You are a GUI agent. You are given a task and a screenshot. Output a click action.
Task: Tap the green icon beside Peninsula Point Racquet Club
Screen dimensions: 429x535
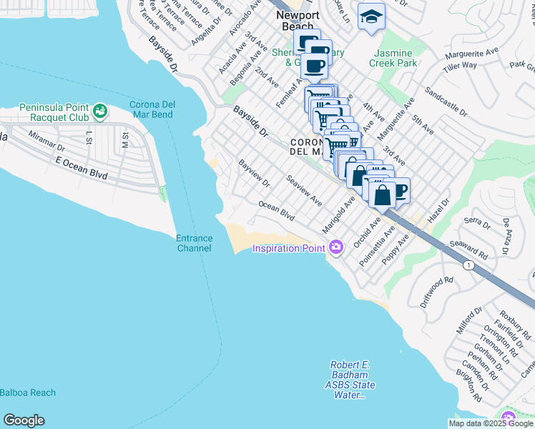coord(100,112)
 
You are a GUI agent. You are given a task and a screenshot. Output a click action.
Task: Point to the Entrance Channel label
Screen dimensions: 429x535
coord(194,243)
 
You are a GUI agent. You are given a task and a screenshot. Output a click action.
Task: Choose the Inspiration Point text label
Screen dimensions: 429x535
coord(288,248)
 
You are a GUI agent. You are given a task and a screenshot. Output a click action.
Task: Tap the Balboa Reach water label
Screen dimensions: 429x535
coord(28,393)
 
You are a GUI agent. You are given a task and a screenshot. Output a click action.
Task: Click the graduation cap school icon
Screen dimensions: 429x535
coord(370,16)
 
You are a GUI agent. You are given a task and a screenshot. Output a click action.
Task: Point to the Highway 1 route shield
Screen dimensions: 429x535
coord(468,265)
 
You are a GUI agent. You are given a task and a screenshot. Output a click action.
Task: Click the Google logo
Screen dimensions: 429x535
coord(24,420)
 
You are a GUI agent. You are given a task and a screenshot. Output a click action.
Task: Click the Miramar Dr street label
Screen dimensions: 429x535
coord(46,140)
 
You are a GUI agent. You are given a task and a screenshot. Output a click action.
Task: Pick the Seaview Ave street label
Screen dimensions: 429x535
coord(304,191)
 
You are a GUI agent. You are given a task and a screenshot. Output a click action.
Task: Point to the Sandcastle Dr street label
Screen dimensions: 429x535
coord(445,103)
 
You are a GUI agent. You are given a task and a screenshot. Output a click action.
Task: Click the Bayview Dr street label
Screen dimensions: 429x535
coord(254,172)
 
